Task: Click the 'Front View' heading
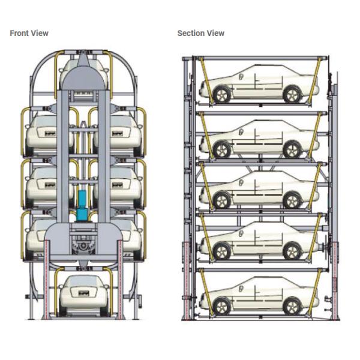(29, 33)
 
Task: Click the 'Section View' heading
(200, 33)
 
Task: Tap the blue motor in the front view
(82, 204)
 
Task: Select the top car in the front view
(84, 71)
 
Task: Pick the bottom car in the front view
(83, 294)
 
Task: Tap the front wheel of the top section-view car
(221, 94)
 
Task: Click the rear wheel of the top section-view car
(292, 94)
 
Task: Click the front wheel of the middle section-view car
(221, 200)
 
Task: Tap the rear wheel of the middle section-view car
(292, 200)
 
